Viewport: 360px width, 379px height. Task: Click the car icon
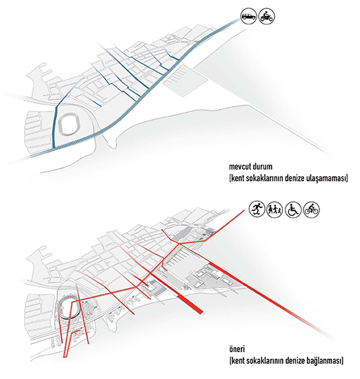pos(248,17)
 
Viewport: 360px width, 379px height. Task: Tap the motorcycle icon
pos(267,17)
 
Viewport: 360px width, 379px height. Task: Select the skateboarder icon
pos(257,209)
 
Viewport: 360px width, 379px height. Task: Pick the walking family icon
pos(274,209)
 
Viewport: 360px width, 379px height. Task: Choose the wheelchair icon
pos(293,209)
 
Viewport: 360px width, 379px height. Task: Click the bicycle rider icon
pos(312,209)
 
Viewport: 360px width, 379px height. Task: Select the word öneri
pos(237,349)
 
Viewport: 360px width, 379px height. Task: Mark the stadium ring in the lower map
pos(60,309)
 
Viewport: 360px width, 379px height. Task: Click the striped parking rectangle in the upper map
pos(185,80)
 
